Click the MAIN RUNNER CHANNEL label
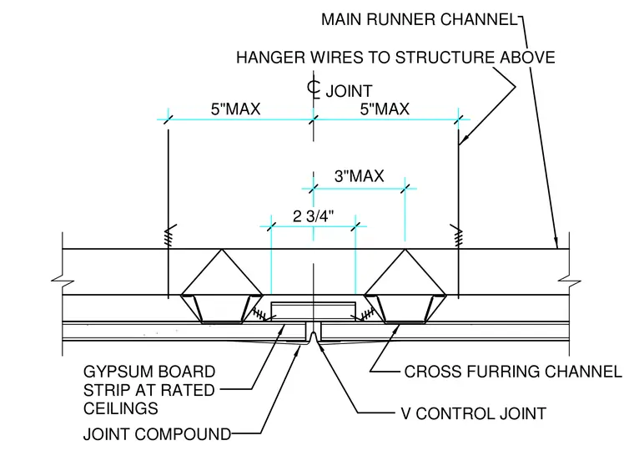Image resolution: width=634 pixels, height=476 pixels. point(420,19)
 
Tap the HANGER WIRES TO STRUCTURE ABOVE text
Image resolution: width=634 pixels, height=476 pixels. point(395,58)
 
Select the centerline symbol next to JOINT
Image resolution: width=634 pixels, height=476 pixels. point(314,89)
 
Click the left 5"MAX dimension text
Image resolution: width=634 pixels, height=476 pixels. point(236,109)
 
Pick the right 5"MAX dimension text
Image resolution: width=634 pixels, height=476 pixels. point(385,109)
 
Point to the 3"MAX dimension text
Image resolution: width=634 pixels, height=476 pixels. point(359,176)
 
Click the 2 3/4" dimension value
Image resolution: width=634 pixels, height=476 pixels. point(314,216)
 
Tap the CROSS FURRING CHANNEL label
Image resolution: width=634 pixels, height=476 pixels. point(513,372)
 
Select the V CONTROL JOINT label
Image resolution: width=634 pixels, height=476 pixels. point(474,413)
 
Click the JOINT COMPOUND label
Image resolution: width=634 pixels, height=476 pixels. point(158,434)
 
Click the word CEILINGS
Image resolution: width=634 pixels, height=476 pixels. point(120,408)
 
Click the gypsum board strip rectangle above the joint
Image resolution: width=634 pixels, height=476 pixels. point(314,311)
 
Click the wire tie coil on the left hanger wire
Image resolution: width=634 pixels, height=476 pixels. point(169,236)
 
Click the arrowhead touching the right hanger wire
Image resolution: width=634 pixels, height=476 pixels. point(463,139)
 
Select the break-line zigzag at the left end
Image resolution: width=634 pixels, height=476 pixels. point(63,281)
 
